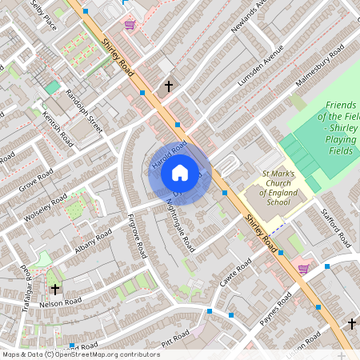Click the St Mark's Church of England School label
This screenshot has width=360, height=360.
pos(267,188)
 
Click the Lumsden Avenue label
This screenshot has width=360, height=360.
pos(261,72)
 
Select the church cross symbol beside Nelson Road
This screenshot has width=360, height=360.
pos(55,289)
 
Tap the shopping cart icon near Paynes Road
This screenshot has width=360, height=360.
pos(303,269)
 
